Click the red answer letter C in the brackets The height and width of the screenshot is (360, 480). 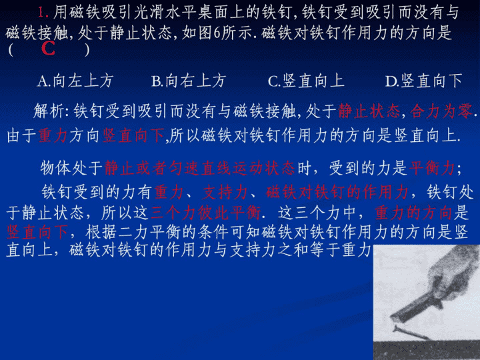point(48,49)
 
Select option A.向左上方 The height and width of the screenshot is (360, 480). point(75,81)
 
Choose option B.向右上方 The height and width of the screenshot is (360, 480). point(189,81)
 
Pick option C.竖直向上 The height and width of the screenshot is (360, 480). point(306,81)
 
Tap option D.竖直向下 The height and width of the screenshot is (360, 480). point(424,81)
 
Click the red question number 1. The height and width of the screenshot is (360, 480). point(43,12)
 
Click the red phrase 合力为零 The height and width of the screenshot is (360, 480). point(441,111)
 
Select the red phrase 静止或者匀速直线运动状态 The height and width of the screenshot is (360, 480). point(199,168)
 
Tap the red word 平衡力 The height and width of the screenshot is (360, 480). point(432,168)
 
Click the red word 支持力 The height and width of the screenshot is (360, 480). point(225,192)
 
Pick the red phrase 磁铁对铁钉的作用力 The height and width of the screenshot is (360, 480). point(337,192)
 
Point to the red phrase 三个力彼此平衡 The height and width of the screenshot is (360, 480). point(205,213)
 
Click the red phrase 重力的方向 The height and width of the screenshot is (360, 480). point(413,213)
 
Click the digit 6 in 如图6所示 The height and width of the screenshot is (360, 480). point(217,33)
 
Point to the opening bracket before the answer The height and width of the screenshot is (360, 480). point(11,49)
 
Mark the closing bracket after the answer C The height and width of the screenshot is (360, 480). point(87,49)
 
